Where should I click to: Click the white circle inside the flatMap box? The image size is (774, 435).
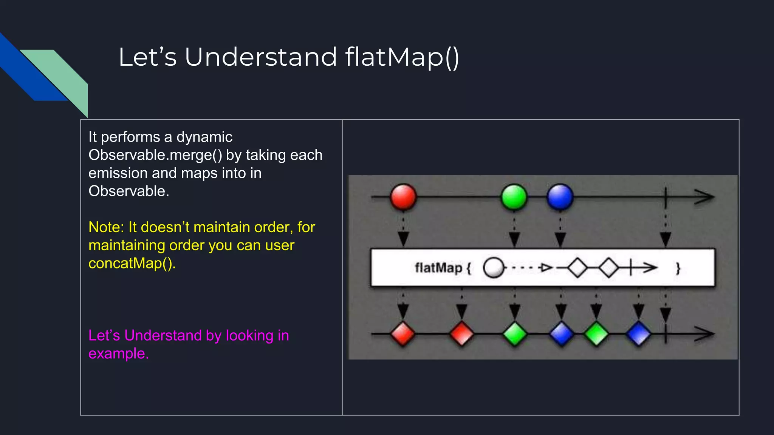point(494,268)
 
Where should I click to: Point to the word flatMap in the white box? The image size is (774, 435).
point(438,268)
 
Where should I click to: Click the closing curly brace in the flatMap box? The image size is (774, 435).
point(678,268)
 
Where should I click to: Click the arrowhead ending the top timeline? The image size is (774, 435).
point(705,197)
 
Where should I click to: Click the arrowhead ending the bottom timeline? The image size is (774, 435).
point(705,334)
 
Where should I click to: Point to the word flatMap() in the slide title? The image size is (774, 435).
point(402,57)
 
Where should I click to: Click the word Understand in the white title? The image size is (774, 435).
point(261,57)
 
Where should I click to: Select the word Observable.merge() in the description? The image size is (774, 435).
point(155,155)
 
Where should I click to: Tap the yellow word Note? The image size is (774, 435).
point(106,227)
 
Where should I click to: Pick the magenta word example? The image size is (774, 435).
point(119,354)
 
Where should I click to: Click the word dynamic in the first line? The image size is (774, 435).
point(204,137)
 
